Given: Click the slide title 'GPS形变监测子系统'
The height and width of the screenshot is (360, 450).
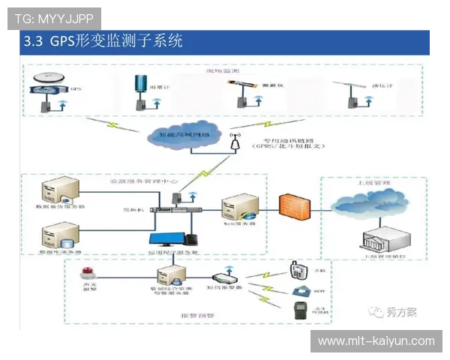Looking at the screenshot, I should coord(116,41).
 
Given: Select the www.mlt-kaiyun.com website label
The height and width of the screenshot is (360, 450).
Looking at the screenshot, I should coord(376,341).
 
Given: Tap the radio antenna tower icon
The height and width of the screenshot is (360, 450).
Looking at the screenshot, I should coord(235,142).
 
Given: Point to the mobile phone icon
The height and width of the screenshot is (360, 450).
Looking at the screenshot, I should coord(297,269).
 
